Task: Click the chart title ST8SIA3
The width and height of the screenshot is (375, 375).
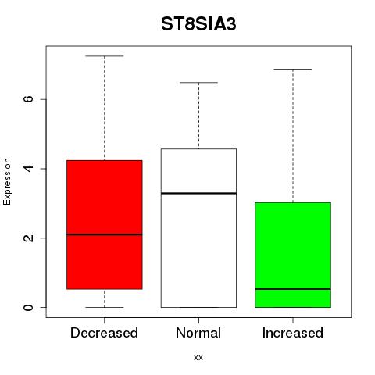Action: [198, 24]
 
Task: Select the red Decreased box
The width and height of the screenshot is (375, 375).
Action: [105, 224]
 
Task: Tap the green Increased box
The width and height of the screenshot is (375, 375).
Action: [293, 255]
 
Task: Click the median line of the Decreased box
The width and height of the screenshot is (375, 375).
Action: [105, 234]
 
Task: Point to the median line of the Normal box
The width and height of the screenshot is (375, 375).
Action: [198, 193]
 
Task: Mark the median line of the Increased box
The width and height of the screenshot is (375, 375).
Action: [293, 289]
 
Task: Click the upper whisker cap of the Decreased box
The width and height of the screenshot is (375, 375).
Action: [105, 56]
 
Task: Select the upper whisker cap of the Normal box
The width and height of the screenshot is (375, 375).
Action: [198, 83]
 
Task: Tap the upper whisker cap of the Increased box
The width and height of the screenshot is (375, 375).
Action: [293, 70]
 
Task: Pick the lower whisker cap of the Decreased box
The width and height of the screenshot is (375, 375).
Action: [105, 307]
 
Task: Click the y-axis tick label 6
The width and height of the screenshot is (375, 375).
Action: [28, 99]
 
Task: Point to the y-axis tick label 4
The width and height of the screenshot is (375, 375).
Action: [28, 169]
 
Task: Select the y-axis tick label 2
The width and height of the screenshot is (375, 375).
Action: [28, 237]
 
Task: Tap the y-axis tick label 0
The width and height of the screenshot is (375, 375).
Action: [28, 307]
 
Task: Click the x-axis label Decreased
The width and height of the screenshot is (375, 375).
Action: [104, 333]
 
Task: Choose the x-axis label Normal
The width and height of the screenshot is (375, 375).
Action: [198, 333]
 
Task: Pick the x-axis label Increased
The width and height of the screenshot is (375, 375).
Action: [293, 333]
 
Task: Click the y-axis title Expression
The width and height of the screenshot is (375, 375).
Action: [7, 181]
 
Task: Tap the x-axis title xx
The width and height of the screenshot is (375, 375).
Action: [198, 358]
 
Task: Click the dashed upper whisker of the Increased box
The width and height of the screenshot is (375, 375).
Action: [293, 136]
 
